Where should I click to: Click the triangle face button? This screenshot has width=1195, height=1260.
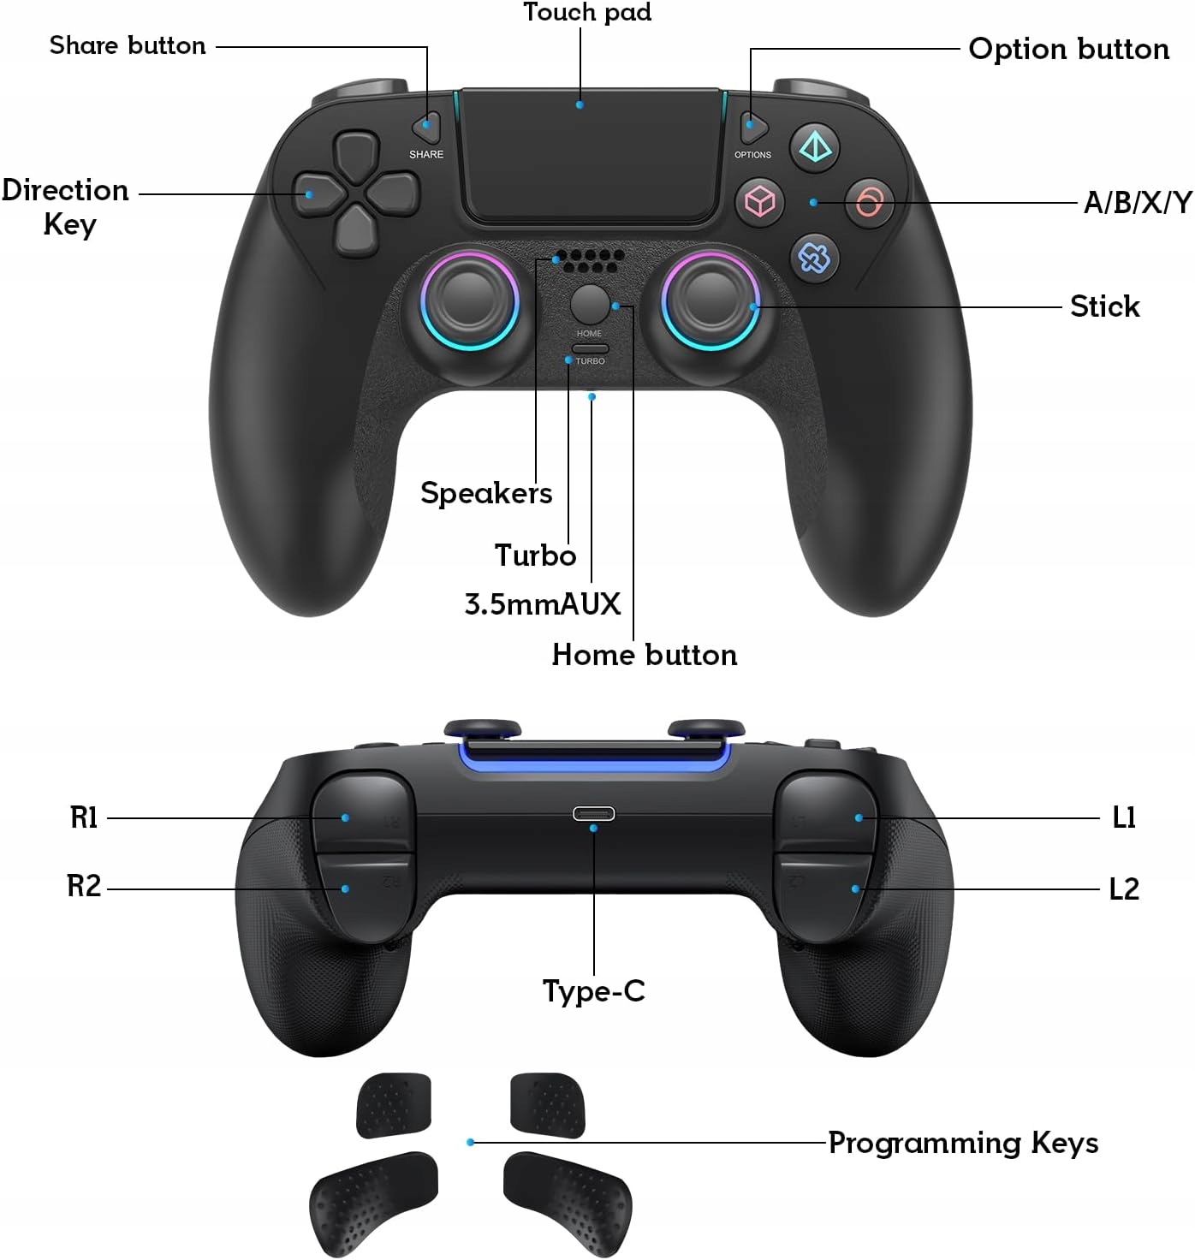pyautogui.click(x=814, y=148)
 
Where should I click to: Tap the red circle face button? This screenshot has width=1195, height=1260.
pyautogui.click(x=869, y=203)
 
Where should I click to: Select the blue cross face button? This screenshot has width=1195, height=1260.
pyautogui.click(x=813, y=258)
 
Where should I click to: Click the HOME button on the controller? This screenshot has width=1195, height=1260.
pyautogui.click(x=589, y=303)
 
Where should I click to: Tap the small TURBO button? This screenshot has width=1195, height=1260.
pyautogui.click(x=590, y=349)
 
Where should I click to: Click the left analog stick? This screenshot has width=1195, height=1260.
pyautogui.click(x=469, y=300)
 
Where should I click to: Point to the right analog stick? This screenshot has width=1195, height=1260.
pyautogui.click(x=710, y=300)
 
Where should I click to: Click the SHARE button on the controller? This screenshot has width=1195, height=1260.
pyautogui.click(x=427, y=128)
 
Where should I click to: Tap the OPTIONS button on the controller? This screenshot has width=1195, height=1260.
pyautogui.click(x=752, y=128)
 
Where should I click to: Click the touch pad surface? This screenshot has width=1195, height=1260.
pyautogui.click(x=590, y=158)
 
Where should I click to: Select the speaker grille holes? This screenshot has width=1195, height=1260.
pyautogui.click(x=588, y=260)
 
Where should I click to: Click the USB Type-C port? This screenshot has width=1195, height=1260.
pyautogui.click(x=593, y=813)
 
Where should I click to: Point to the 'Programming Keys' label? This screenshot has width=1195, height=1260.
pyautogui.click(x=963, y=1143)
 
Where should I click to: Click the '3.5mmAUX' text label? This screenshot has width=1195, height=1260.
pyautogui.click(x=543, y=604)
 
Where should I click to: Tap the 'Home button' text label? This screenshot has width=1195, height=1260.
pyautogui.click(x=645, y=655)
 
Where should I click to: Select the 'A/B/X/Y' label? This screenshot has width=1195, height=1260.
pyautogui.click(x=1138, y=203)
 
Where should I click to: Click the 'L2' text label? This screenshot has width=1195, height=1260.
pyautogui.click(x=1124, y=889)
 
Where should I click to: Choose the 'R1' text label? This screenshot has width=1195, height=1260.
pyautogui.click(x=84, y=817)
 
